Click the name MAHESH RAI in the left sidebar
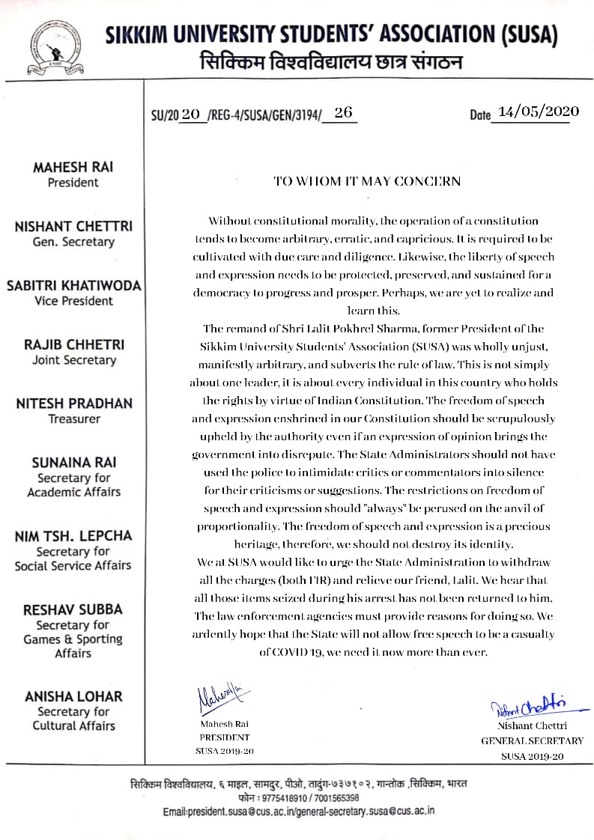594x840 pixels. coord(73,168)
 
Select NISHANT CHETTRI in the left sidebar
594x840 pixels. coord(73,227)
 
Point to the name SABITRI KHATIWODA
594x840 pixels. coord(73,286)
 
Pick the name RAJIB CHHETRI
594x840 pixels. coord(73,345)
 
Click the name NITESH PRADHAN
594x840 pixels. coord(73,404)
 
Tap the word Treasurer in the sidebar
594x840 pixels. coord(73,419)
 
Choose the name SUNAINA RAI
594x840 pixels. coord(73,463)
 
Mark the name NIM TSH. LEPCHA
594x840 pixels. coord(73,536)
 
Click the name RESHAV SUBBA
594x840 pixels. coord(73,610)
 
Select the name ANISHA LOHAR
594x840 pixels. coord(73,696)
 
